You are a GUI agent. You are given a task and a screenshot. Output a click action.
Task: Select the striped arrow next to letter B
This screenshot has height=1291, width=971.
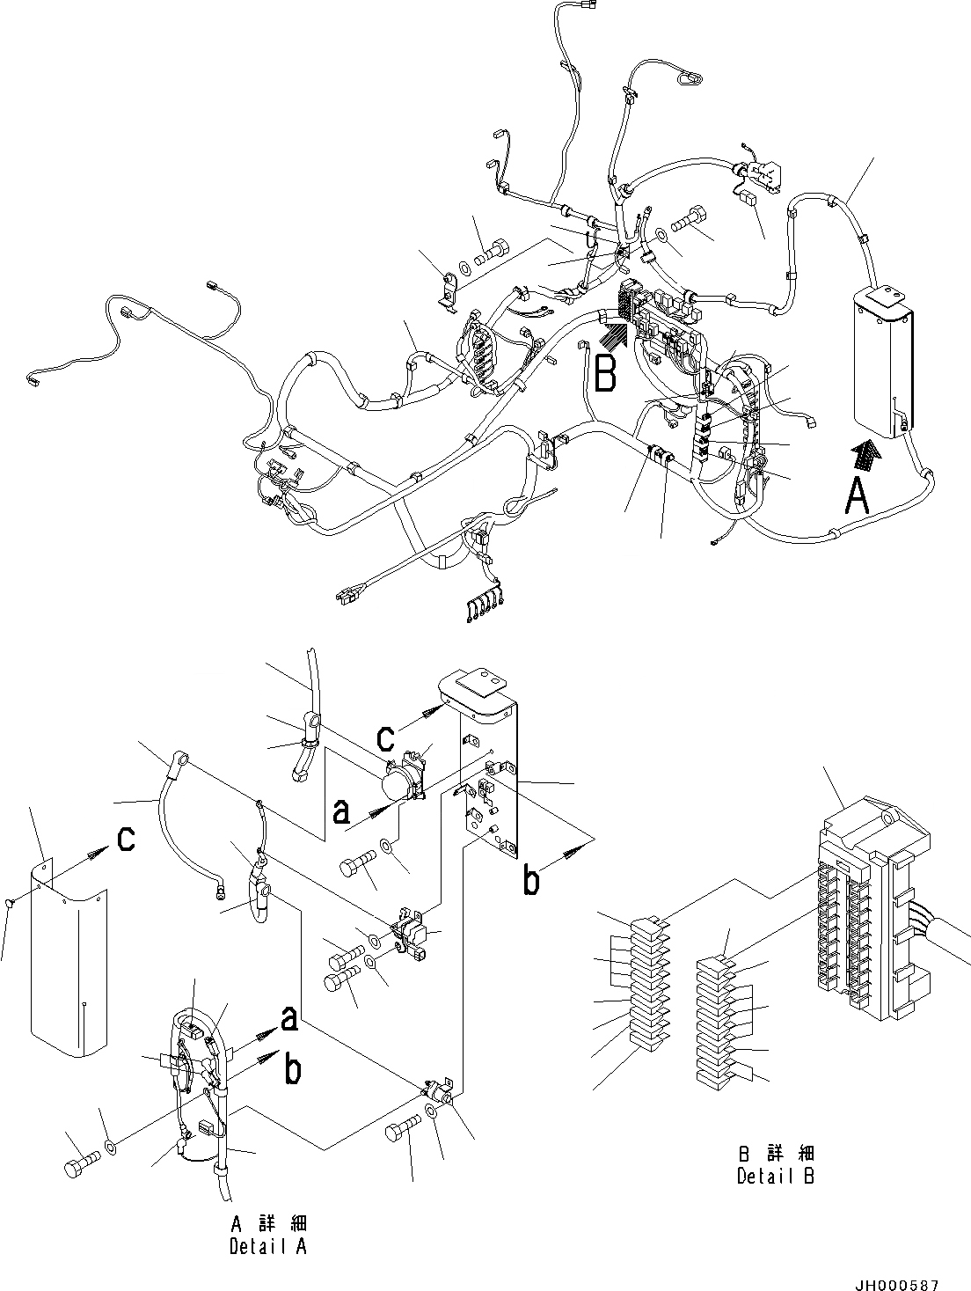click(x=613, y=334)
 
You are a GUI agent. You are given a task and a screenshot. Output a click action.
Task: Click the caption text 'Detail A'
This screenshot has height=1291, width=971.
click(x=267, y=1246)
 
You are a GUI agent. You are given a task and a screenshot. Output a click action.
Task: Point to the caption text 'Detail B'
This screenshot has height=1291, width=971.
click(x=775, y=1177)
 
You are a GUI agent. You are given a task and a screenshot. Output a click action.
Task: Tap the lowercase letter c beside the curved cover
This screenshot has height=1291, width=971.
click(x=126, y=840)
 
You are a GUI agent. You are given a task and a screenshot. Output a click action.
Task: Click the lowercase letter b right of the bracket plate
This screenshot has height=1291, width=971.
click(x=530, y=882)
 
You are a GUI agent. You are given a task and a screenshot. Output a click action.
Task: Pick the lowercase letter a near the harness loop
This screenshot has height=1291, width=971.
click(x=288, y=1020)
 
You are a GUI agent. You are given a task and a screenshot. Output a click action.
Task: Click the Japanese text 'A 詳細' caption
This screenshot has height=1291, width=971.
click(x=268, y=1224)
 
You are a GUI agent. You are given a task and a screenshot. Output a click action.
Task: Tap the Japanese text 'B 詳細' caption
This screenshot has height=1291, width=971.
click(x=775, y=1154)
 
